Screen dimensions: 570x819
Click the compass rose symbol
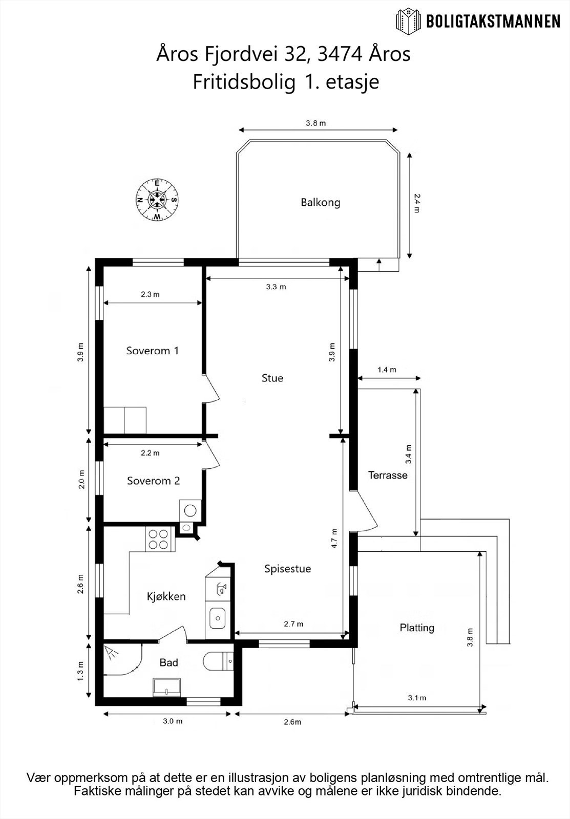point(157,200)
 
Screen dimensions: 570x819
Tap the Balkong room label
point(321,203)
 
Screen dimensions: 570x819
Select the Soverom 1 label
point(153,351)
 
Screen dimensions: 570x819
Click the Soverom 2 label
point(153,481)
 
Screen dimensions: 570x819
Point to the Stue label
point(272,378)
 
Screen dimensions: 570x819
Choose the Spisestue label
point(288,569)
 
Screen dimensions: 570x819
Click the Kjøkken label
point(166,596)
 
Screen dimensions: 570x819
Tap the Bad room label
point(168,662)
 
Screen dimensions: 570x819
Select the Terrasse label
point(388,475)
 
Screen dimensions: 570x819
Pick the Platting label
point(417,628)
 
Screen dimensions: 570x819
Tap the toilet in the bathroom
point(218,661)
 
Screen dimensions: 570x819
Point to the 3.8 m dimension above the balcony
point(316,123)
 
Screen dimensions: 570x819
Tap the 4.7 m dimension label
point(334,538)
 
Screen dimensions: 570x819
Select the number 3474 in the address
point(340,54)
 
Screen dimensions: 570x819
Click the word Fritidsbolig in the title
point(244,82)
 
